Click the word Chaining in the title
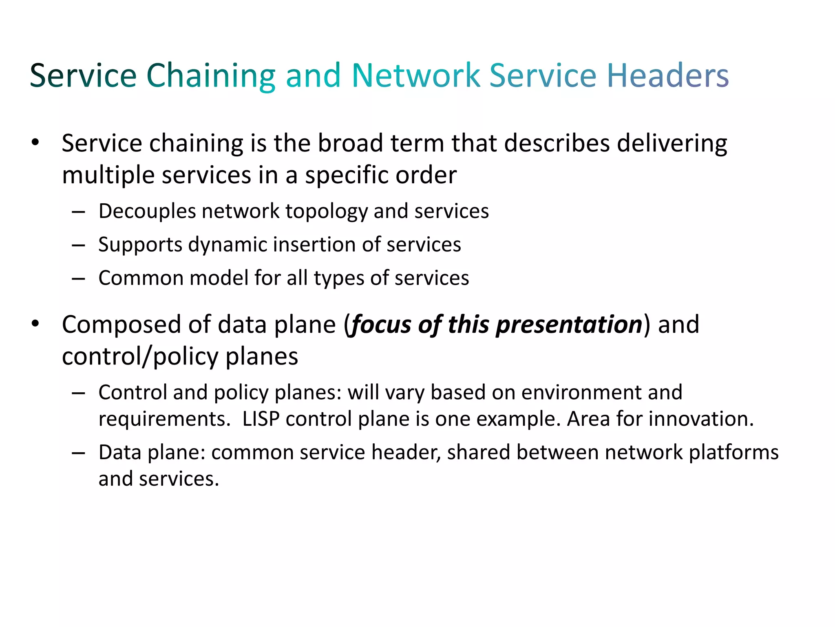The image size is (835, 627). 211,76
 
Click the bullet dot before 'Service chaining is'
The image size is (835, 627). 35,142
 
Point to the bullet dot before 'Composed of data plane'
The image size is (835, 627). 35,324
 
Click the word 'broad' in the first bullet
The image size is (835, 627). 350,143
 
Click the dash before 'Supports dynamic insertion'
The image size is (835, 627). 78,245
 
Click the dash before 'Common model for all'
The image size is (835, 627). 78,279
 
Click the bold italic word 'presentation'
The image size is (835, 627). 569,325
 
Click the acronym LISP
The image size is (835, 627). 261,419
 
